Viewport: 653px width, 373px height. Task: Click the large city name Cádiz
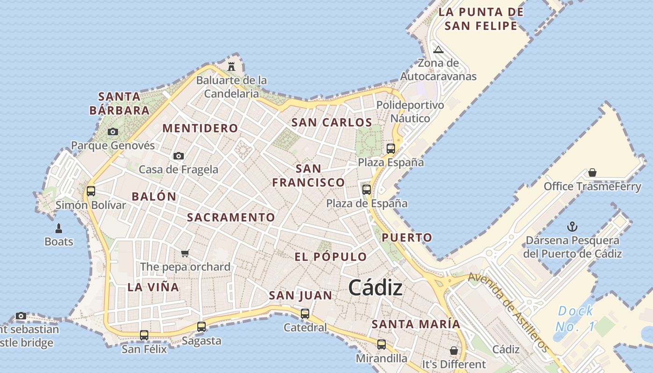click(375, 288)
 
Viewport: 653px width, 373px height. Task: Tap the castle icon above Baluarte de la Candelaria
click(231, 67)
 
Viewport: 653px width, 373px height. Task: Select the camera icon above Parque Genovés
click(112, 132)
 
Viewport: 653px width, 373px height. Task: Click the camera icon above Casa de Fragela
click(178, 156)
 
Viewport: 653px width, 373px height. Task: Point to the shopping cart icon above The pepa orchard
click(185, 253)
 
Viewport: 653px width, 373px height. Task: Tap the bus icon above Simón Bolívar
click(91, 191)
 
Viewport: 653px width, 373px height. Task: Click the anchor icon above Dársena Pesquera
click(572, 227)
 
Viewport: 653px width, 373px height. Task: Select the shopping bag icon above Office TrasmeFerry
click(592, 173)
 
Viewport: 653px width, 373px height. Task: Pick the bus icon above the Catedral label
click(305, 314)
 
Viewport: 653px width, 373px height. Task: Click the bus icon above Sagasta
click(201, 327)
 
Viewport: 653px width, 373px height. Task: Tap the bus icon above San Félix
click(144, 335)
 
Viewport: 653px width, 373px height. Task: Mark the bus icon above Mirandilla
click(382, 345)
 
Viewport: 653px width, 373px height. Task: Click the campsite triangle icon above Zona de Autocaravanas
click(438, 49)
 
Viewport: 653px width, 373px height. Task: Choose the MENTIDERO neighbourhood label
click(200, 128)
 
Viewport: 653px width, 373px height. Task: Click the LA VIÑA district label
click(153, 287)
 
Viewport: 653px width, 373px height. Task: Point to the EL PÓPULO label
click(331, 257)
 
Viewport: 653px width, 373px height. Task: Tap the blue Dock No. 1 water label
click(576, 319)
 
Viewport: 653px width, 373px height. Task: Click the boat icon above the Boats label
click(59, 228)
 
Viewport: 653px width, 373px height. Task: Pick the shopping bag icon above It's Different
click(454, 350)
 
